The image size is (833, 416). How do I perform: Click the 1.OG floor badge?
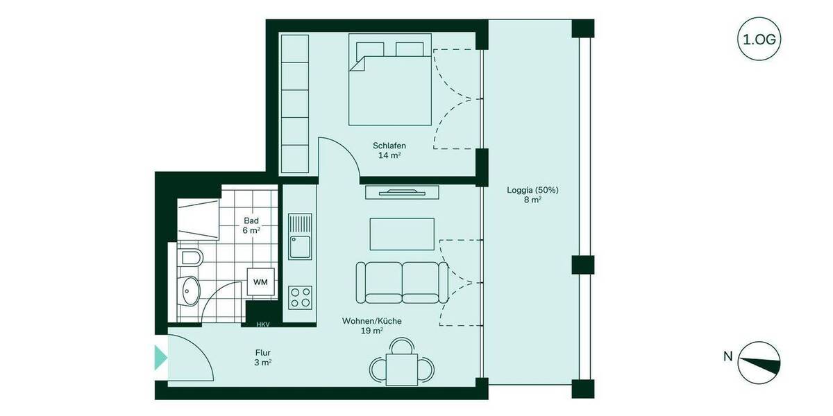pyautogui.click(x=759, y=40)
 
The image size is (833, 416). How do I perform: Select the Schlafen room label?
pyautogui.click(x=389, y=150)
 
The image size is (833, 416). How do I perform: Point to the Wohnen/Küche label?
pyautogui.click(x=371, y=326)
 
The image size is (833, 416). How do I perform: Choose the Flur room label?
pyautogui.click(x=262, y=357)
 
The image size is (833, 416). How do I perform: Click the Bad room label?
pyautogui.click(x=251, y=225)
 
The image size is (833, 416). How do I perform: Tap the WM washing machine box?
pyautogui.click(x=260, y=281)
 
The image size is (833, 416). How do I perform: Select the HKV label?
pyautogui.click(x=262, y=324)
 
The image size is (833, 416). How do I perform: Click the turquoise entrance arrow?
pyautogui.click(x=160, y=357)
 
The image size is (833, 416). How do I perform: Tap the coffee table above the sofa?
pyautogui.click(x=402, y=234)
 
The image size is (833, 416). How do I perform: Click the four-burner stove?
pyautogui.click(x=301, y=297)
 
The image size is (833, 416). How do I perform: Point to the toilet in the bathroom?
pyautogui.click(x=189, y=259)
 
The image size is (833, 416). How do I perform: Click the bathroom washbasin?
pyautogui.click(x=188, y=289)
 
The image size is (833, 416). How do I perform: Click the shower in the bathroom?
pyautogui.click(x=198, y=218)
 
